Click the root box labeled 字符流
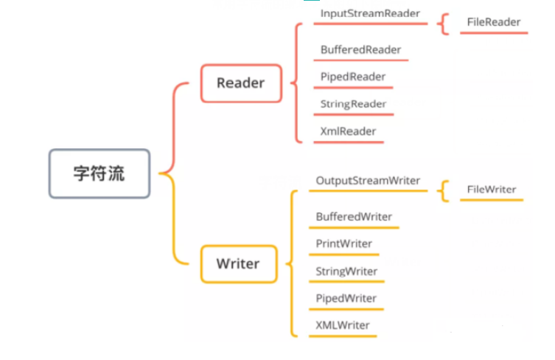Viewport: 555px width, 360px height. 100,174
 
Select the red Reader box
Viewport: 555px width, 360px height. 240,83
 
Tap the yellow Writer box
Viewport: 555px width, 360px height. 238,263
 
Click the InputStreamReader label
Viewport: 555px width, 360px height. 370,13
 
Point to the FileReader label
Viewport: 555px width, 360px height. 493,22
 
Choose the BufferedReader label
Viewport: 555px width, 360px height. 360,49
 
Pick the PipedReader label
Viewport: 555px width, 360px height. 353,77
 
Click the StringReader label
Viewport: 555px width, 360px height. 353,104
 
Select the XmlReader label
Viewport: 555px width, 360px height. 348,131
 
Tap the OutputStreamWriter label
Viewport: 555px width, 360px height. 368,181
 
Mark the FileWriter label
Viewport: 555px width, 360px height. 492,190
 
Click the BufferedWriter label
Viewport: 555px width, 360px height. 354,217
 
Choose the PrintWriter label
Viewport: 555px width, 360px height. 343,243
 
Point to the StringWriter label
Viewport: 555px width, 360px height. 346,271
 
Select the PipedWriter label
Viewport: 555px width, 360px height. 346,298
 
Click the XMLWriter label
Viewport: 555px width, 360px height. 343,325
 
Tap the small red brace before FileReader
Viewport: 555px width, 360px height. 442,23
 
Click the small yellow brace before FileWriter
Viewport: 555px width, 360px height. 442,190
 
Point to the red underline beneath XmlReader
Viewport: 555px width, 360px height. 348,142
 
